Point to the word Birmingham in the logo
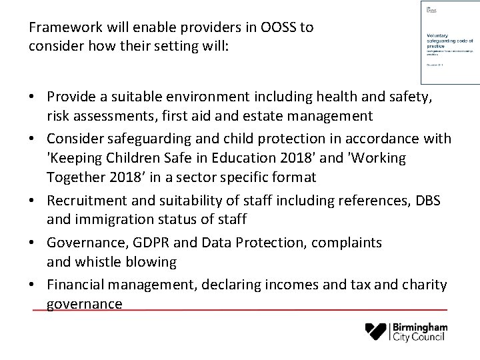click(x=421, y=327)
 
